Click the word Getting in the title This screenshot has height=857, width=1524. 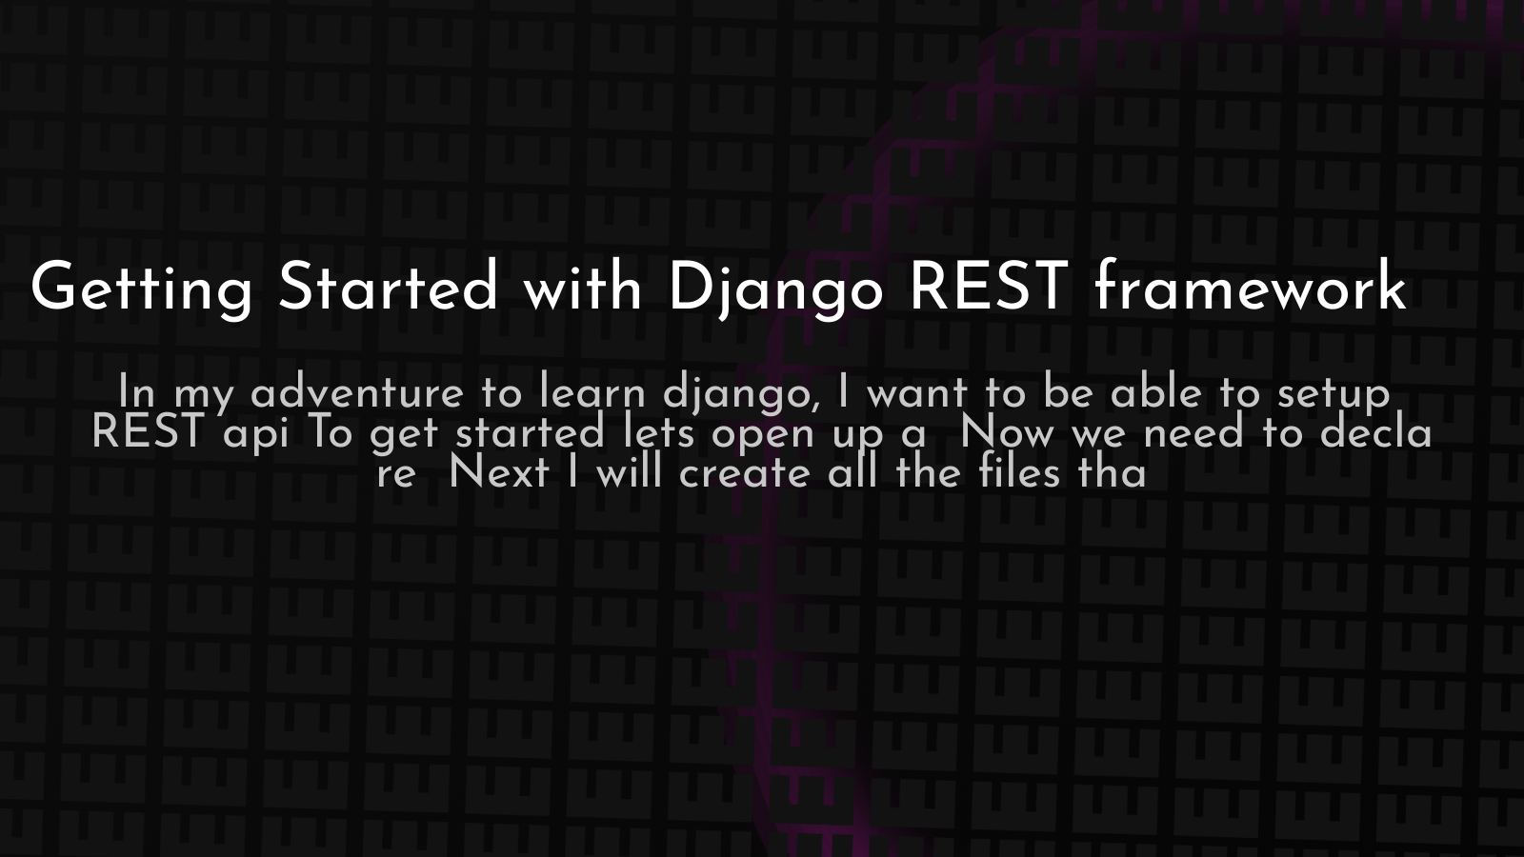[x=142, y=289]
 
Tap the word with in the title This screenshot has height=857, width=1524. [x=582, y=286]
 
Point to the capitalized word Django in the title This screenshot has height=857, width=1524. [x=775, y=289]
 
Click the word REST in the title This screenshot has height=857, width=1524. [x=988, y=286]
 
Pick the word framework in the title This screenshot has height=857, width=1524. [x=1251, y=285]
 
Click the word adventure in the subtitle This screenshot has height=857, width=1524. [x=357, y=392]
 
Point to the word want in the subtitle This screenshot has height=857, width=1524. [x=917, y=394]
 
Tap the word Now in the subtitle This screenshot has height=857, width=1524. [x=1007, y=432]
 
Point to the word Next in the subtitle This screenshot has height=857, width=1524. [x=499, y=472]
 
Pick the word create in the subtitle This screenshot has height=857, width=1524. [x=745, y=473]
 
